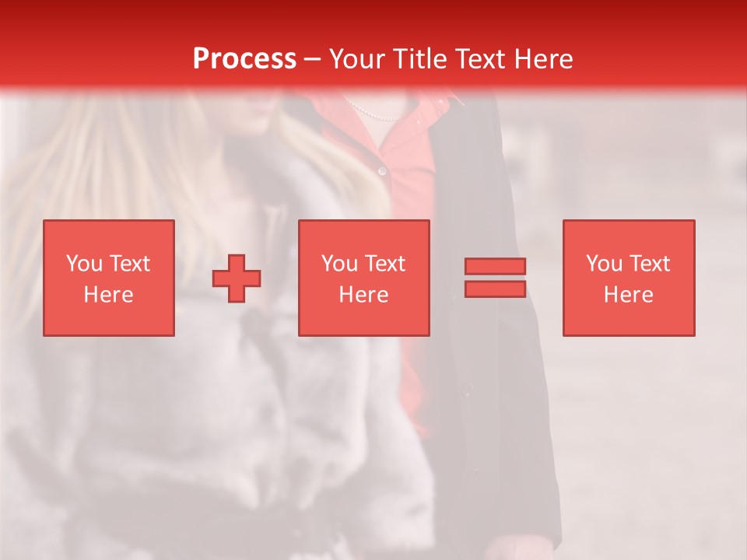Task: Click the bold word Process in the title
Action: [244, 59]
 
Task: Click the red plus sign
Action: [237, 278]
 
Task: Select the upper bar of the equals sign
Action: [495, 267]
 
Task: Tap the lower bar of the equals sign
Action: [495, 289]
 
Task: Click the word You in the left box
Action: [84, 264]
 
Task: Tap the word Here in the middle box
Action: [364, 295]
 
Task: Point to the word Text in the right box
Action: [650, 264]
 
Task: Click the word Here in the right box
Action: [629, 295]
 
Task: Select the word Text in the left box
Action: [129, 264]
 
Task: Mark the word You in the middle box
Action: [339, 264]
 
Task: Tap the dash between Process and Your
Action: [313, 59]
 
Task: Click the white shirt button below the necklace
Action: [381, 170]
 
